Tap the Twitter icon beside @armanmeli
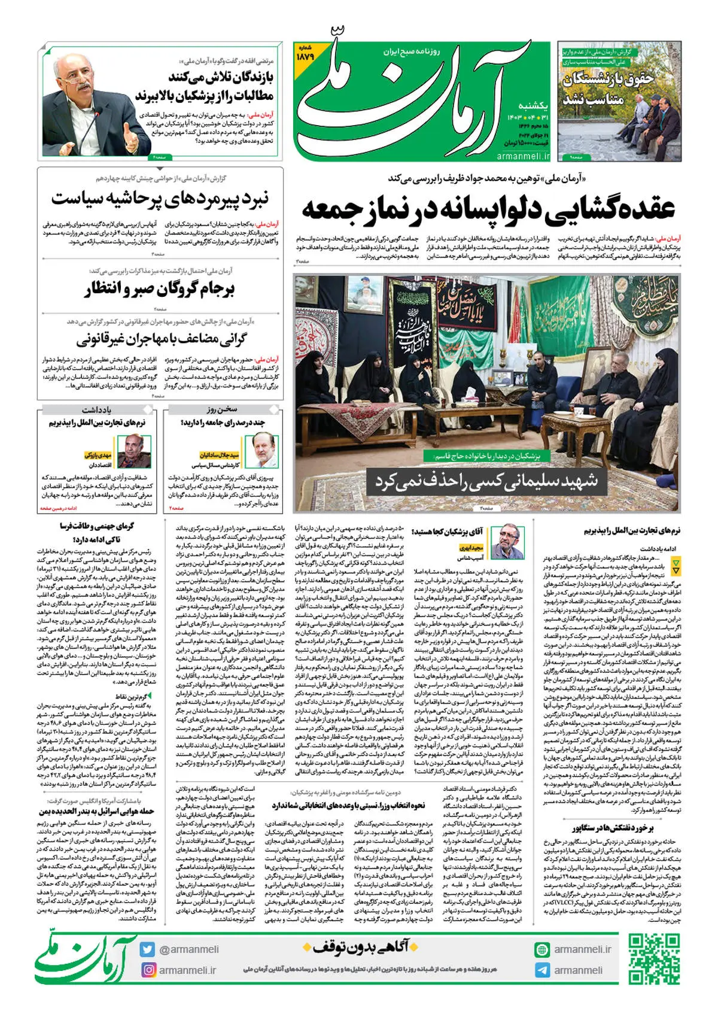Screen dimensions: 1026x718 click(147, 949)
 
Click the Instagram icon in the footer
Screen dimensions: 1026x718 click(147, 970)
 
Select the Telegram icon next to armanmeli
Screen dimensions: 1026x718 click(542, 970)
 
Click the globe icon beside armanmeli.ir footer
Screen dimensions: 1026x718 click(542, 949)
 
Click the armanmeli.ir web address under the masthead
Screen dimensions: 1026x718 click(523, 156)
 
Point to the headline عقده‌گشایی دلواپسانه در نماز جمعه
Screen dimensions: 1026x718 click(488, 208)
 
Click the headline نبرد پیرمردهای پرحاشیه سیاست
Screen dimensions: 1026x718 click(160, 197)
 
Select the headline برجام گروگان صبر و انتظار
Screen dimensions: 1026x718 click(160, 290)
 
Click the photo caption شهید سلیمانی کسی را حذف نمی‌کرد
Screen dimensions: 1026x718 click(486, 480)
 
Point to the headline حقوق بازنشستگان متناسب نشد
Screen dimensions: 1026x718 click(607, 89)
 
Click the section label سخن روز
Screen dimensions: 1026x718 click(222, 409)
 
